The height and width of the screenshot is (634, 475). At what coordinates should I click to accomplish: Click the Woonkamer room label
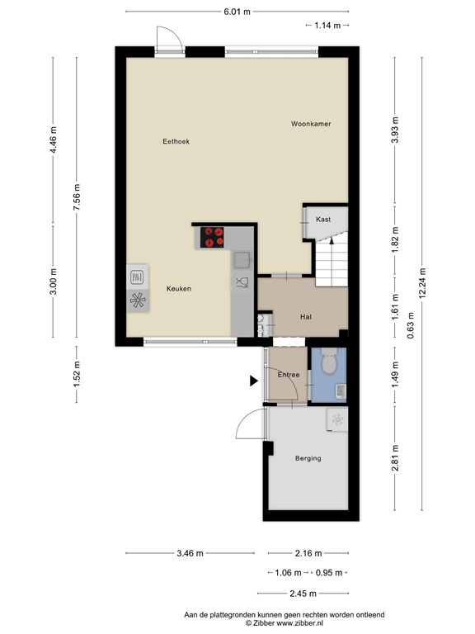tap(310, 124)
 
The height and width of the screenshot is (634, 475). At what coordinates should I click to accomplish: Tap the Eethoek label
tap(176, 142)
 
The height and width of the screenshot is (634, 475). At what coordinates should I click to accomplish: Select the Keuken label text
tap(178, 289)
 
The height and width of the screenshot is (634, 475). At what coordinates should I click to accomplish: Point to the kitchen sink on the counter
tap(242, 260)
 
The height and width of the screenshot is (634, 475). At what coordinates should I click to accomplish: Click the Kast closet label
tap(323, 219)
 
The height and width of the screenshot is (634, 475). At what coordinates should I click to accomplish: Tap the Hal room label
tap(305, 316)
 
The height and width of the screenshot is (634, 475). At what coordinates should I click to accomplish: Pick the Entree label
tap(288, 376)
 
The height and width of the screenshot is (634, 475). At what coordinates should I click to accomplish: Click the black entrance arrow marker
tap(253, 381)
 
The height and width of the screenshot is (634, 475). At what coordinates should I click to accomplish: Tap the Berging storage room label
tap(308, 458)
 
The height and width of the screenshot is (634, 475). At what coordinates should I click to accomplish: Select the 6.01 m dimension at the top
tap(236, 12)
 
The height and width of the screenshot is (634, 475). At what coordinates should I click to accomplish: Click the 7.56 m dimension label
tap(77, 196)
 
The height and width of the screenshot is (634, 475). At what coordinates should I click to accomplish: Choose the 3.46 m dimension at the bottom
tap(190, 554)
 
